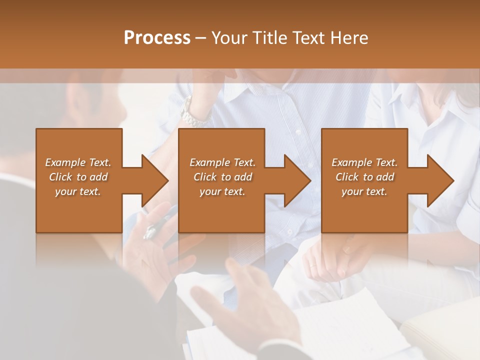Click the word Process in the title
(x=157, y=38)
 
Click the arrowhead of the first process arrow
(x=155, y=180)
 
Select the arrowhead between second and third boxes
(x=297, y=180)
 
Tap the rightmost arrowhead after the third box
(x=440, y=180)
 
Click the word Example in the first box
(x=64, y=162)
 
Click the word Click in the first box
(x=60, y=177)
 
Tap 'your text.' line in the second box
(x=222, y=191)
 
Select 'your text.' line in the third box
(x=364, y=191)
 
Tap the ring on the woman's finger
(x=312, y=265)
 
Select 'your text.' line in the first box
(x=77, y=191)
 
